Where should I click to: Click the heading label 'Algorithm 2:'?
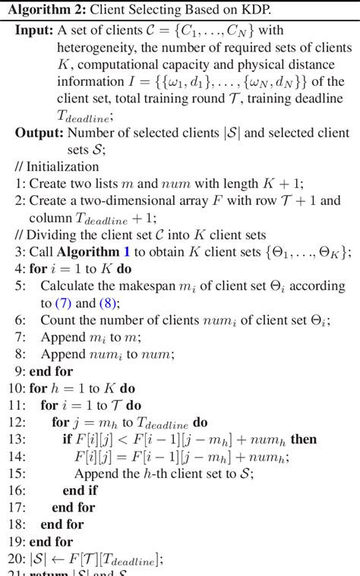[43, 10]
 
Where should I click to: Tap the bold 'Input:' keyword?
[33, 30]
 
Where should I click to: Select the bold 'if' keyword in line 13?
[67, 439]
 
